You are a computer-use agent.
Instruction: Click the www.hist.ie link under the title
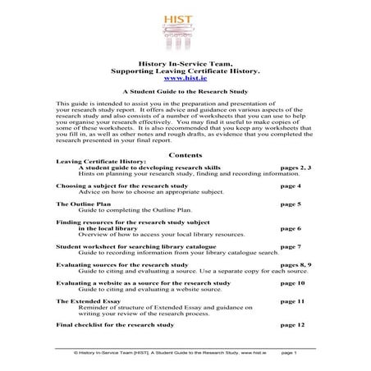(185, 78)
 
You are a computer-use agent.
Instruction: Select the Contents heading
(185, 153)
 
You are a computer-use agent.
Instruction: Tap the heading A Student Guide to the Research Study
(185, 94)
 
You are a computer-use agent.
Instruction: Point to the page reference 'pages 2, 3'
(295, 167)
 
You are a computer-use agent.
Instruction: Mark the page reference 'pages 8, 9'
(295, 265)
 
